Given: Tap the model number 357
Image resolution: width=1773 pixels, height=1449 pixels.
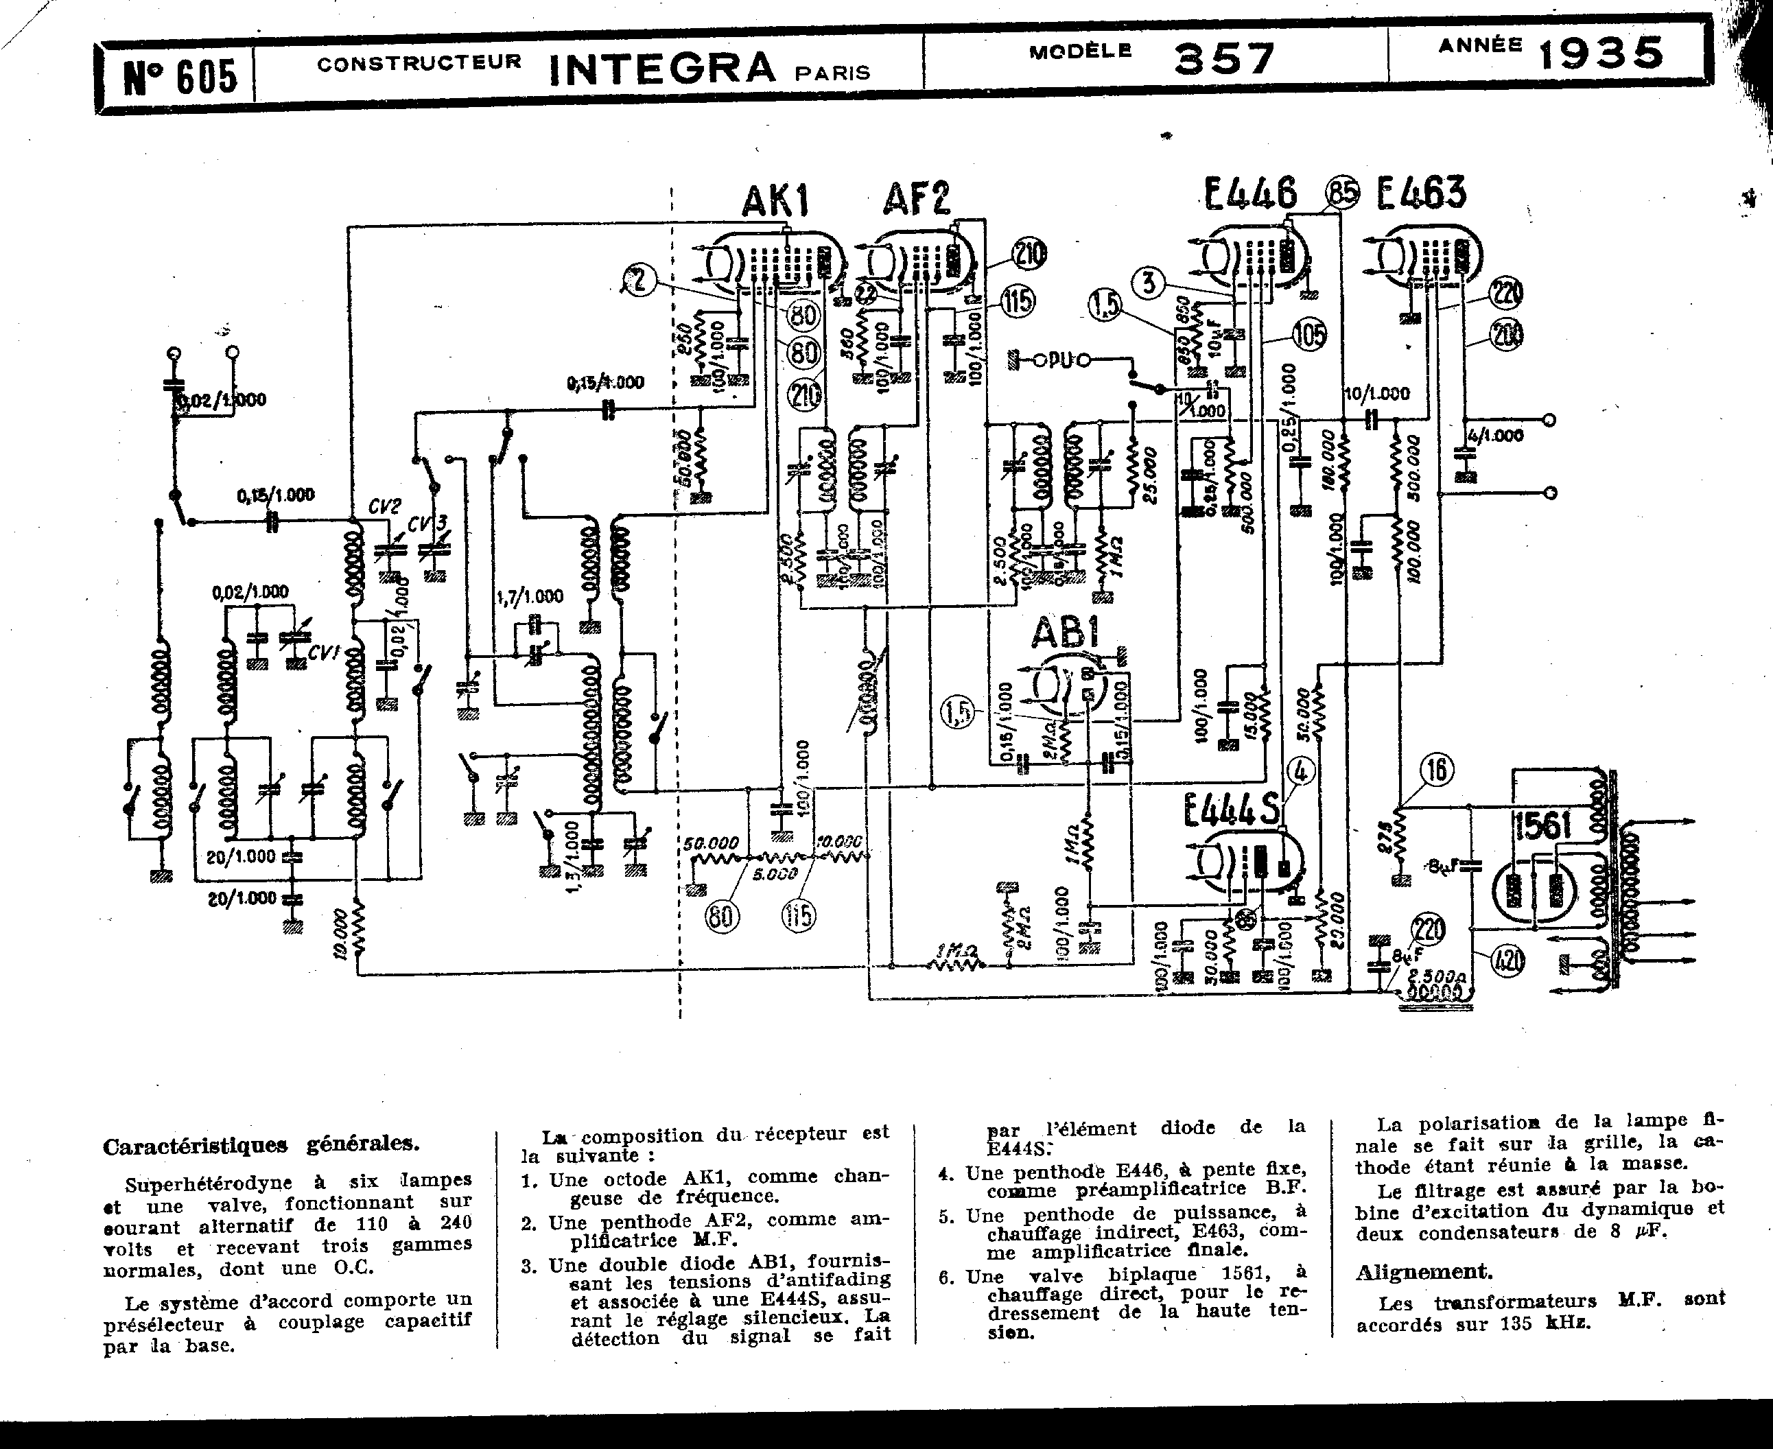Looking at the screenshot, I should coord(1225,58).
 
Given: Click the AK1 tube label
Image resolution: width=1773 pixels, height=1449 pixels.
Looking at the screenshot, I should coord(775,200).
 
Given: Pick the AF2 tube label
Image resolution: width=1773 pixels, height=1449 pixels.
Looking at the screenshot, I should coord(917,199).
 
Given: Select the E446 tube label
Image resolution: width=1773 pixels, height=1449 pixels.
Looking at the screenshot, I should coord(1250,193).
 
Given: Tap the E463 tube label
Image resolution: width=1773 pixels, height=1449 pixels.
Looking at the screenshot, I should coord(1421,193).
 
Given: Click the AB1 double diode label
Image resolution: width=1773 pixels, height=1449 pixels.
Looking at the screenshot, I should coord(1064,633).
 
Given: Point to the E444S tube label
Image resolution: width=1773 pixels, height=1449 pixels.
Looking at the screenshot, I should coord(1231,808).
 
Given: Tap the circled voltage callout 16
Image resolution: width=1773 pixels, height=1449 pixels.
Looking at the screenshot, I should coord(1437,768).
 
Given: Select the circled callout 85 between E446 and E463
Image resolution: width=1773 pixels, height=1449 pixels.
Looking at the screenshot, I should coord(1342,193).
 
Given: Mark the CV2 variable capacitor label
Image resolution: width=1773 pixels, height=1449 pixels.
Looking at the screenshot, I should coord(385,506).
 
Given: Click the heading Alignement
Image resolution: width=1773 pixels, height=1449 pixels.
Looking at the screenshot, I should coord(1423,1271).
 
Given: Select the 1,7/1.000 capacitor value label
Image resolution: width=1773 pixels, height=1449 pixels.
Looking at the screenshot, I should coord(529,596).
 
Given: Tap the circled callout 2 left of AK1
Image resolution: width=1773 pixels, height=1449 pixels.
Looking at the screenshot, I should coord(639,281).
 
